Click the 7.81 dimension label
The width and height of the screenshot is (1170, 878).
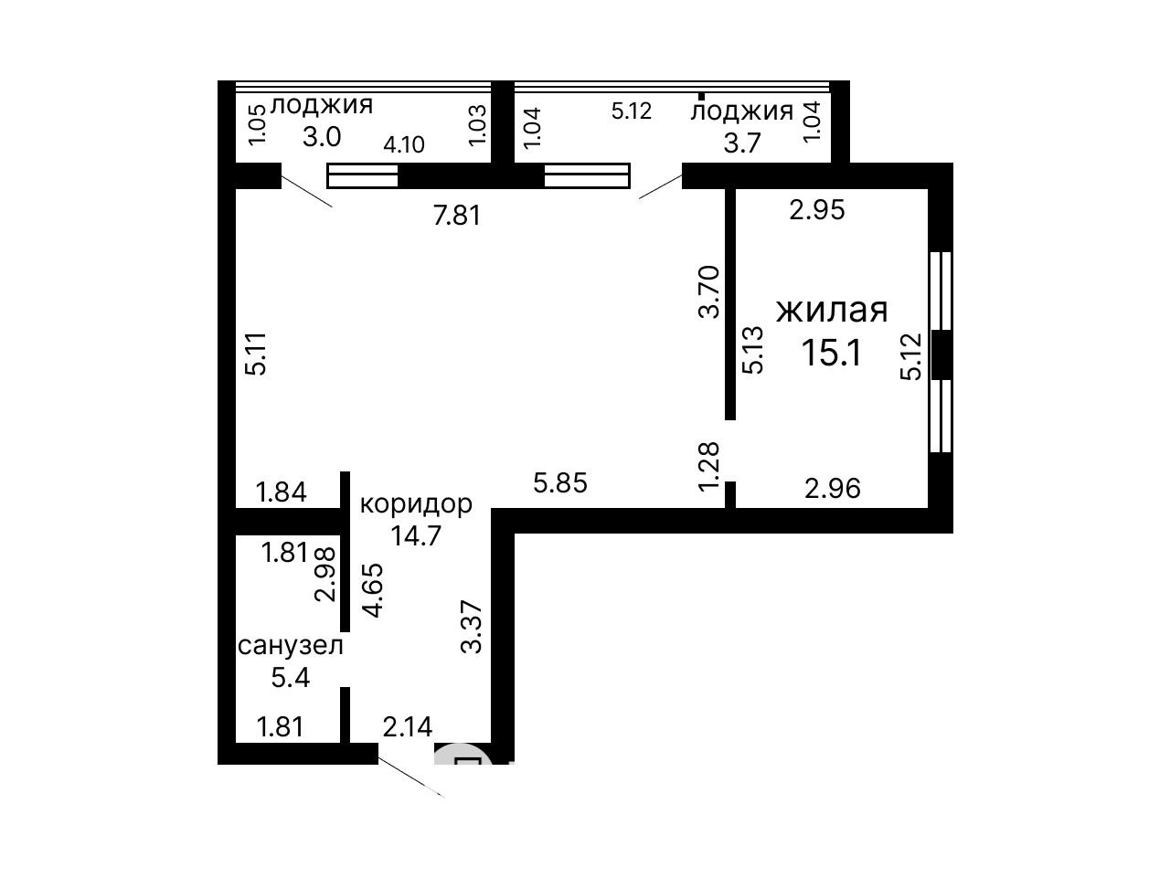click(457, 216)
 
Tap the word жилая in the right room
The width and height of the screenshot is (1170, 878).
click(832, 310)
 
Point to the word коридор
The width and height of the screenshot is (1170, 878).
click(416, 504)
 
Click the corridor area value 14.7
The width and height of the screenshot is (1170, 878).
click(416, 535)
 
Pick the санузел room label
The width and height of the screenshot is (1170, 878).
click(291, 646)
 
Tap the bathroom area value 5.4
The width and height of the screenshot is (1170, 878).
click(291, 678)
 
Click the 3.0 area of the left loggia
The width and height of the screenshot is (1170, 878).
click(322, 137)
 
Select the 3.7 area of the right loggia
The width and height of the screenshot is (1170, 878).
click(741, 143)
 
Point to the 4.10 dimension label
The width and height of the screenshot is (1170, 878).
click(404, 145)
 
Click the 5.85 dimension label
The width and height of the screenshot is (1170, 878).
click(560, 483)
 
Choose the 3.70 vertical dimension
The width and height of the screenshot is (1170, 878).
click(709, 292)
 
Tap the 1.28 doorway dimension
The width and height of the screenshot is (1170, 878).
click(709, 464)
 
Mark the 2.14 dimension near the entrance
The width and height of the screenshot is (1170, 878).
click(408, 726)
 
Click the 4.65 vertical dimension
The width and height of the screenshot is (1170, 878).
click(373, 590)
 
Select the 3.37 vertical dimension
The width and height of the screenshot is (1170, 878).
click(472, 627)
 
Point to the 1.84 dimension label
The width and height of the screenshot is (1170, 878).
click(282, 492)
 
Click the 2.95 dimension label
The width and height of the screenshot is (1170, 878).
click(817, 210)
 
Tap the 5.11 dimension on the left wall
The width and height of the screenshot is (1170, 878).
click(256, 354)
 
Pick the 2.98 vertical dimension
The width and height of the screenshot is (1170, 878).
click(325, 575)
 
